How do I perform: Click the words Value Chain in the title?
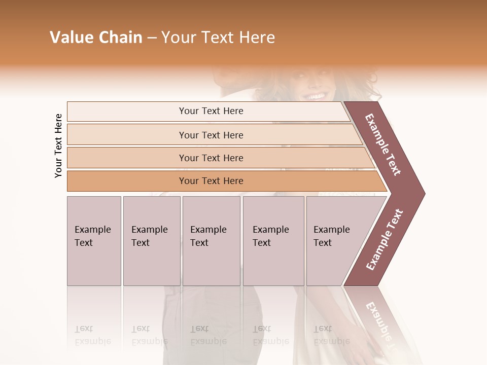coord(96,38)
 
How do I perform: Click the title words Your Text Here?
coord(218,38)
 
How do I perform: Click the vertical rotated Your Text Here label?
coord(58,145)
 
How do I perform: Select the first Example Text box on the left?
coord(94,241)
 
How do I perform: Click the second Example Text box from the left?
coord(152,241)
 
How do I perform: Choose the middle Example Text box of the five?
coord(211,241)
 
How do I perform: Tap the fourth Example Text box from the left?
coord(273,241)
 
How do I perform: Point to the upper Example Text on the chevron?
coord(384,144)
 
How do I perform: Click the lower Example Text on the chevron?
coord(385,240)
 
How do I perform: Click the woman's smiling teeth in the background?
coord(316,96)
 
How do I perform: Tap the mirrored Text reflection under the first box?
coord(84,329)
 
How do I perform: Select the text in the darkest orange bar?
coord(211,181)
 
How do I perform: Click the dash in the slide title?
coord(152,38)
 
